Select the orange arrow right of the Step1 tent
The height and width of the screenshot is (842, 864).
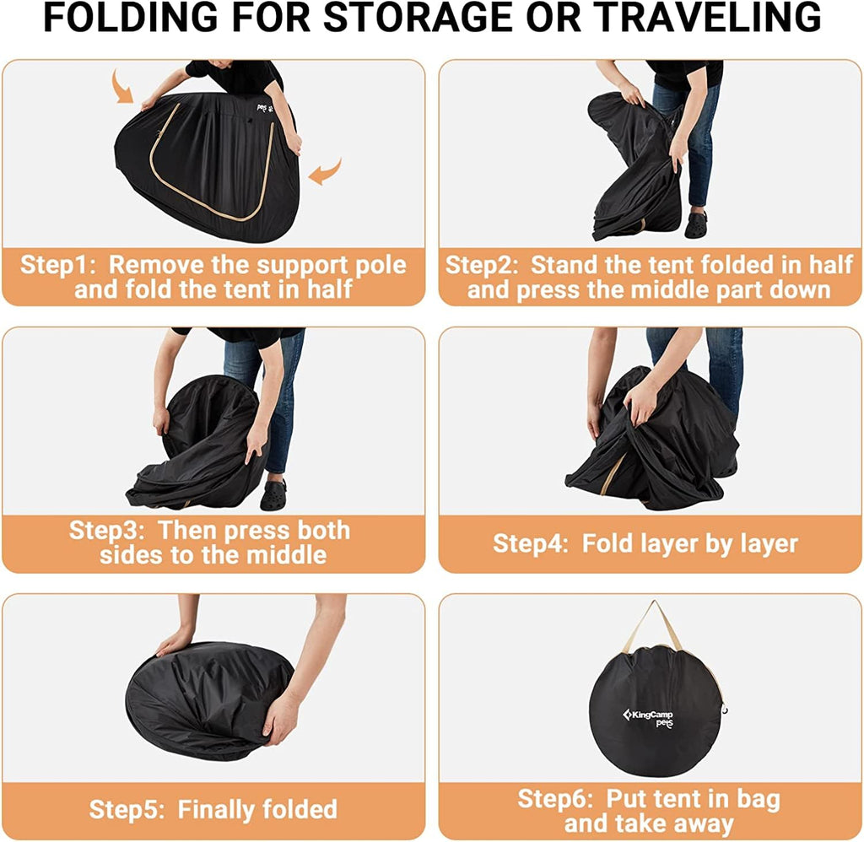click(325, 171)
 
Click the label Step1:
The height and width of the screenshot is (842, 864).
click(58, 265)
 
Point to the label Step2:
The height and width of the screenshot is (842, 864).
click(482, 265)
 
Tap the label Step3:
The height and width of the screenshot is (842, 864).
click(107, 531)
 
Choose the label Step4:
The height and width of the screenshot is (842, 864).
click(531, 544)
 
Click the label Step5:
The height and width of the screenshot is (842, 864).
click(127, 810)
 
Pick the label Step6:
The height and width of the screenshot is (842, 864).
click(555, 799)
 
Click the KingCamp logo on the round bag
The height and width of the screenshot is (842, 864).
click(649, 718)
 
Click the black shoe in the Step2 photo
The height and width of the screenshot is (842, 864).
click(696, 225)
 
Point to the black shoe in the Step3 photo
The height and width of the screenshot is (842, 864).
click(273, 495)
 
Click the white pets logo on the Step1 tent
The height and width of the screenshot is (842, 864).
click(264, 107)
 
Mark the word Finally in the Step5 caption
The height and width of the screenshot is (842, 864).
click(215, 810)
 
